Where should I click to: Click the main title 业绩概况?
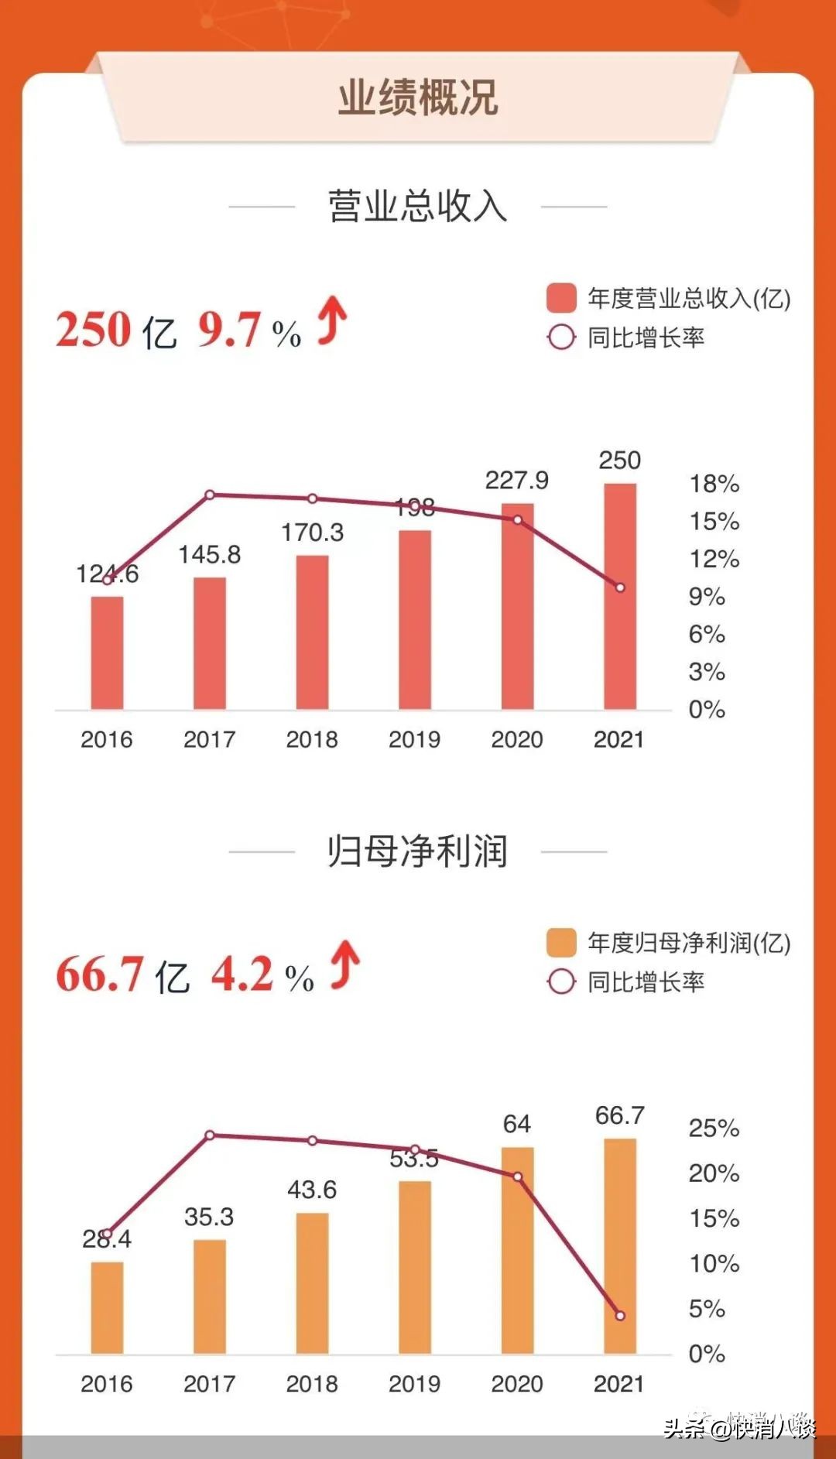pos(417,98)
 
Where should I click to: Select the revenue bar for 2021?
pos(620,596)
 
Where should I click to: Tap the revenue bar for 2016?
pos(107,652)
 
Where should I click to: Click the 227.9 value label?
pos(516,481)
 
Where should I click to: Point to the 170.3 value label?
pos(312,533)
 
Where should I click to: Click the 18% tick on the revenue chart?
pos(714,484)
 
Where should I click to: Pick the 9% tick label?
pos(707,597)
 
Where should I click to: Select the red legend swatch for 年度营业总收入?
pos(561,298)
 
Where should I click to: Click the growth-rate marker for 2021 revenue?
pos(620,587)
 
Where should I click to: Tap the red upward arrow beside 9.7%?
pos(333,320)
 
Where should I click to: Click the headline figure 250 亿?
pos(116,330)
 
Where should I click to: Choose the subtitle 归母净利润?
pos(417,851)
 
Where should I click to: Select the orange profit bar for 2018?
pos(312,1283)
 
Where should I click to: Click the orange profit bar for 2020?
pos(517,1250)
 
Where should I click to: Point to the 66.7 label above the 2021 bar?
pos(619,1115)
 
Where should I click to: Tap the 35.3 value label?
pos(209,1217)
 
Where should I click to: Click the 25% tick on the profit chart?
pos(714,1128)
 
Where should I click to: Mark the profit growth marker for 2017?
pos(210,1135)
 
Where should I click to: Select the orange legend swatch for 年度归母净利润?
pos(561,943)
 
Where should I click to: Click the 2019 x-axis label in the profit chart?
pos(414,1384)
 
